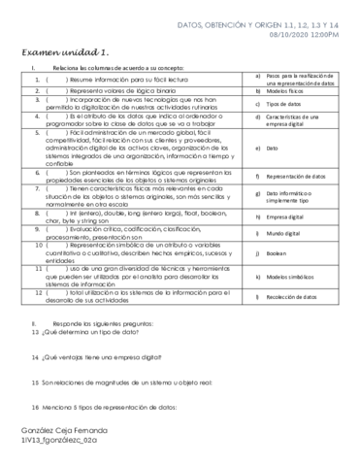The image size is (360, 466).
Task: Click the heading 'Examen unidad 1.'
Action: [x=63, y=50]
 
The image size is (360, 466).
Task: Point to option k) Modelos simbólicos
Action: [x=292, y=277]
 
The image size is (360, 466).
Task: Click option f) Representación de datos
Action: [x=296, y=177]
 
